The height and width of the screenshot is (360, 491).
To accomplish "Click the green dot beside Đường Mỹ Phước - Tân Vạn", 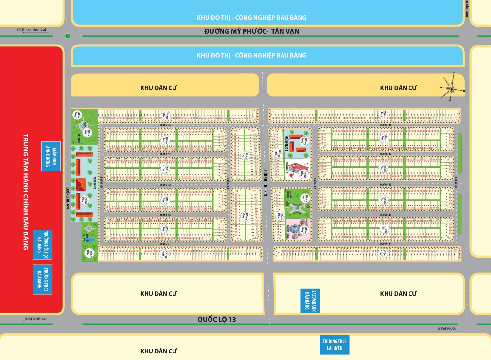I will click(x=68, y=36).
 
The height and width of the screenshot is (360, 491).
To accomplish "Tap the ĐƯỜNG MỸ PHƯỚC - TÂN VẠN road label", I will click(x=251, y=31).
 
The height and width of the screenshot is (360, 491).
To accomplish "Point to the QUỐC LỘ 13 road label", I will click(x=217, y=319).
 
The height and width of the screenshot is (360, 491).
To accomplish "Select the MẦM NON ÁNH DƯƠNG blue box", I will click(x=51, y=156).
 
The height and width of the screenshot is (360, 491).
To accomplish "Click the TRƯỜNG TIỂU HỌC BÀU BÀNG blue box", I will click(x=42, y=245).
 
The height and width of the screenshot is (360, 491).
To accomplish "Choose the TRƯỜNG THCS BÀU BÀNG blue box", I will click(x=42, y=279).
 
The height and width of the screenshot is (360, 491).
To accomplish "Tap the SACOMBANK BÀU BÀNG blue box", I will click(x=310, y=301).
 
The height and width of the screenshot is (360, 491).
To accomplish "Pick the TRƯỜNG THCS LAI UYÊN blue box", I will click(x=335, y=345).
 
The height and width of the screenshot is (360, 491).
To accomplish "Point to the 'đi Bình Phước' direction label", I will click(x=446, y=329).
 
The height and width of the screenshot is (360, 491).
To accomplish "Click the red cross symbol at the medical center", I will click(x=291, y=175).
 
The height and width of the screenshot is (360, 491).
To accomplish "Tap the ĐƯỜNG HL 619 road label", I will click(x=68, y=198).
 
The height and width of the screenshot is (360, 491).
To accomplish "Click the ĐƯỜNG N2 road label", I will click(x=315, y=183).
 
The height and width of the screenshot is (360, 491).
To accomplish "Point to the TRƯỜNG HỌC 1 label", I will click(x=287, y=142).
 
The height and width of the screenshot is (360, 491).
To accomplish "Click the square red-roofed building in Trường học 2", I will click(x=81, y=185).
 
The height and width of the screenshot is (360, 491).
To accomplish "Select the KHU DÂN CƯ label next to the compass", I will click(x=398, y=88).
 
